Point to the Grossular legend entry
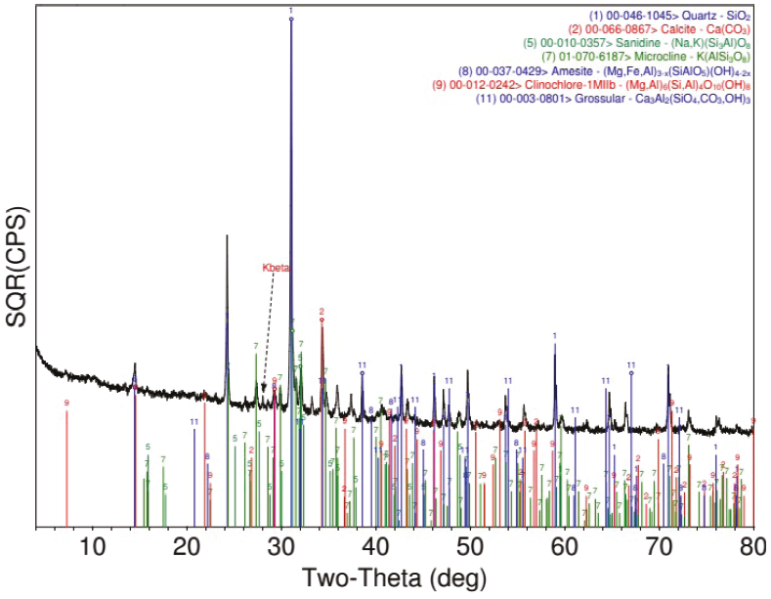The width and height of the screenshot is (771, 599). coord(613,99)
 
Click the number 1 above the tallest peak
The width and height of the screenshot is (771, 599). coord(290,10)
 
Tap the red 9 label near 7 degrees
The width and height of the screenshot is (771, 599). coord(66,403)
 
